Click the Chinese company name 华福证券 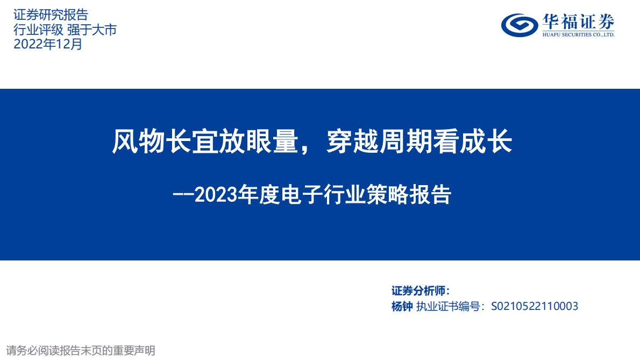point(578,22)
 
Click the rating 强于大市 point(91,30)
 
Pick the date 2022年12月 point(48,44)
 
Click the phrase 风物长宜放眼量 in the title point(205,143)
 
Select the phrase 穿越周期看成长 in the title point(419,143)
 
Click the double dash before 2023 point(182,195)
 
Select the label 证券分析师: point(420,291)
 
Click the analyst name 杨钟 point(402,306)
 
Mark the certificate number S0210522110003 point(535,306)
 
